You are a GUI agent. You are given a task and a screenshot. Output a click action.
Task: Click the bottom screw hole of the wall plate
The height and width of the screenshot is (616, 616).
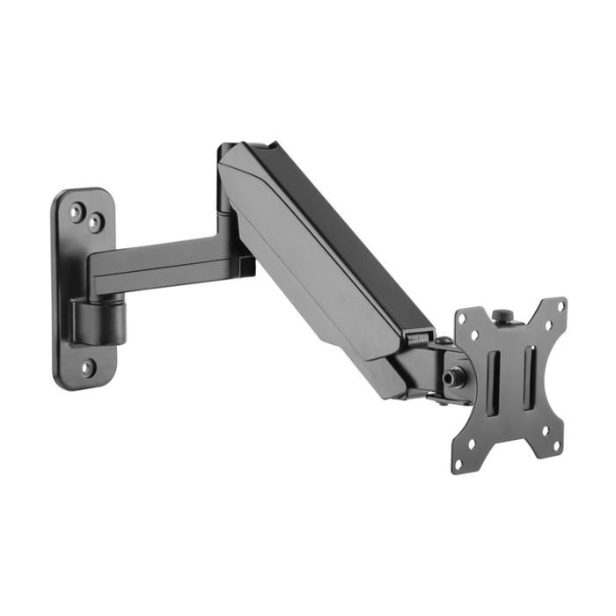[x=87, y=368]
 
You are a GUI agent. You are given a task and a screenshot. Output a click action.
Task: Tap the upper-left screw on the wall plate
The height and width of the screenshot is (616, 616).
[x=77, y=210]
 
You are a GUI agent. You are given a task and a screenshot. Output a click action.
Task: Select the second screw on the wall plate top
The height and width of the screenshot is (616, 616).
[x=93, y=223]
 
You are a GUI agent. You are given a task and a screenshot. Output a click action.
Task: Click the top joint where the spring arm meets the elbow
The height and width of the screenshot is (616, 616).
[x=231, y=154]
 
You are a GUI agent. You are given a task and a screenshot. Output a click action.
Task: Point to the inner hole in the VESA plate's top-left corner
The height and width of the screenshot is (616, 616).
[x=475, y=335]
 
